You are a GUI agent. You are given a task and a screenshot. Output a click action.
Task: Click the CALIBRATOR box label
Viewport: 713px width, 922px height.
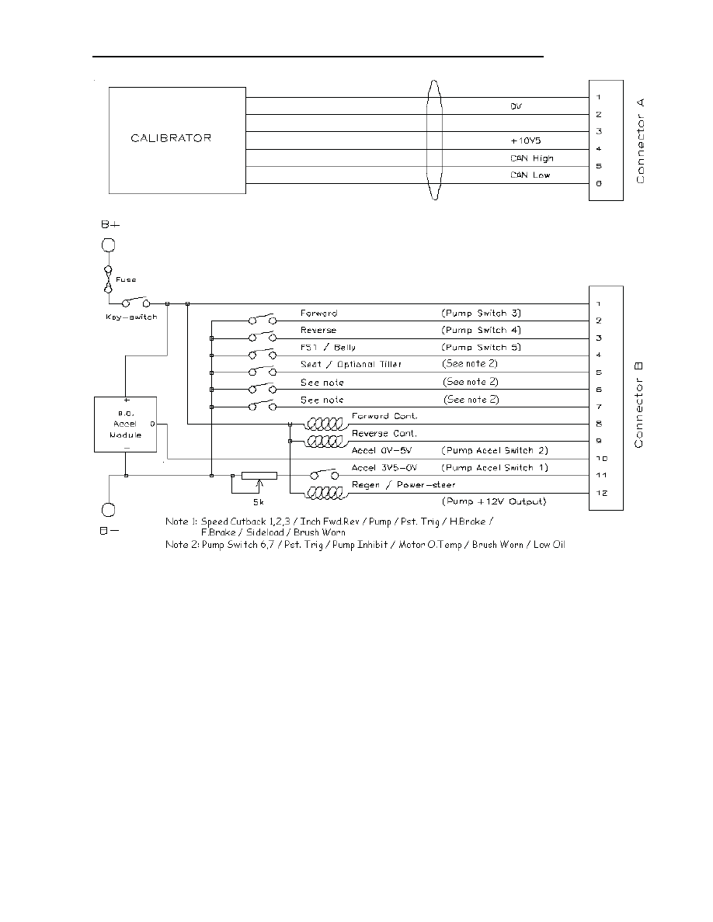tap(171, 139)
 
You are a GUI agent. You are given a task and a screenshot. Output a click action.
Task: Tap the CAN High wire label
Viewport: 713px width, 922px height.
tap(532, 158)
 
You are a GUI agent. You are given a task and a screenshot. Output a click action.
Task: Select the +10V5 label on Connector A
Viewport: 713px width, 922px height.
tap(525, 141)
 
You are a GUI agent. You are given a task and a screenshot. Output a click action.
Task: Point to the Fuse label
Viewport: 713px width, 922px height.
tap(127, 279)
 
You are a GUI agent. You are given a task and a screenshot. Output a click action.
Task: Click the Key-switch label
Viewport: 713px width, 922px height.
tap(130, 317)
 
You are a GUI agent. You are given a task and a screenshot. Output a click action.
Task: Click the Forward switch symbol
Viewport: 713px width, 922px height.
tap(262, 320)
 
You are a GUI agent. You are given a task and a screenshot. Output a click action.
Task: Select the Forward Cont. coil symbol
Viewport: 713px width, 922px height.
tap(325, 424)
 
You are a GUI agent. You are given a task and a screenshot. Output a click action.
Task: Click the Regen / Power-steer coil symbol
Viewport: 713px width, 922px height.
tap(325, 492)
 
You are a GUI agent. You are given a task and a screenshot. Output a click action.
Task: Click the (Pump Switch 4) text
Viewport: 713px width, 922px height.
tap(481, 330)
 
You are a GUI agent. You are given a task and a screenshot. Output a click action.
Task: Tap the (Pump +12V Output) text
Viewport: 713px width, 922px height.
tap(494, 501)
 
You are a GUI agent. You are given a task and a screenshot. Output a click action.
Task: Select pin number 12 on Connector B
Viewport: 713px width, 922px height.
tap(600, 492)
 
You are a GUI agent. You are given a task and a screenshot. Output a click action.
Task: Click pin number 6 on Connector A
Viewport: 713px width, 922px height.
tap(599, 183)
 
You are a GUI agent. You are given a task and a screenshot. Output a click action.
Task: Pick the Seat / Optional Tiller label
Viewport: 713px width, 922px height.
tap(351, 364)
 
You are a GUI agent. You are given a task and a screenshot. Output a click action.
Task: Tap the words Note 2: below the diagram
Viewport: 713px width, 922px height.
tap(182, 545)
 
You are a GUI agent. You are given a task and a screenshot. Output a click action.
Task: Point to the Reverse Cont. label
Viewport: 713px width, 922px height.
tap(384, 433)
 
